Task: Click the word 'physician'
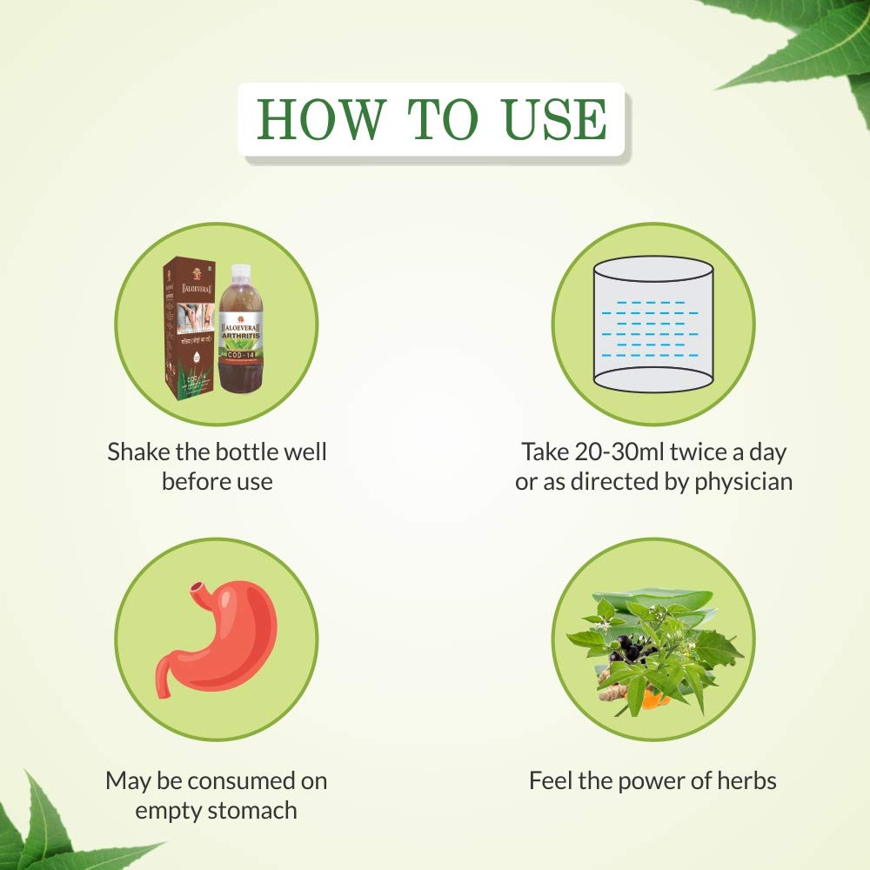click(x=743, y=481)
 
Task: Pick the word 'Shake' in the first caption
click(x=137, y=452)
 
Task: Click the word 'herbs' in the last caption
click(x=744, y=780)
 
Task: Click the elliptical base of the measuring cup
click(x=652, y=379)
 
